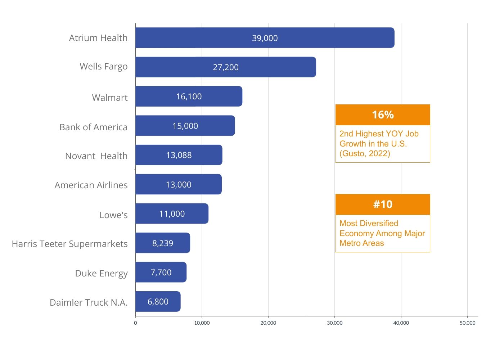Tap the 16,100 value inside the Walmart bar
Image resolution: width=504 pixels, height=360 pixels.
click(x=189, y=96)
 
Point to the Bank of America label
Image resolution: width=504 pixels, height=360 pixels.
click(x=93, y=127)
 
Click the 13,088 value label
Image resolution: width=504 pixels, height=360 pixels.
click(x=179, y=155)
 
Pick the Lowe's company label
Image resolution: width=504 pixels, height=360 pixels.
click(x=113, y=215)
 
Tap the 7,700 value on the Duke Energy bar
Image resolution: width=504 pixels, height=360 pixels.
click(x=161, y=273)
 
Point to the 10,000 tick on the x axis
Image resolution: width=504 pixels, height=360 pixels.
click(x=202, y=323)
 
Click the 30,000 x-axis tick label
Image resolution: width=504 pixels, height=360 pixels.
click(x=334, y=323)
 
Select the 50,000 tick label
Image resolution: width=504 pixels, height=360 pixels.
click(x=467, y=323)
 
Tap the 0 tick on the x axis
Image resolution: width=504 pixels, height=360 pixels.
click(x=135, y=323)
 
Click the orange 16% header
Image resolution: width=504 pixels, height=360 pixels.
click(x=383, y=115)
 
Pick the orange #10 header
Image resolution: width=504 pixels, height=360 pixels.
click(x=383, y=204)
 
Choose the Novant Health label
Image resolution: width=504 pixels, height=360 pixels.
click(x=96, y=156)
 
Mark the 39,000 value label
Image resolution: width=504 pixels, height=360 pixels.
click(x=265, y=38)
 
